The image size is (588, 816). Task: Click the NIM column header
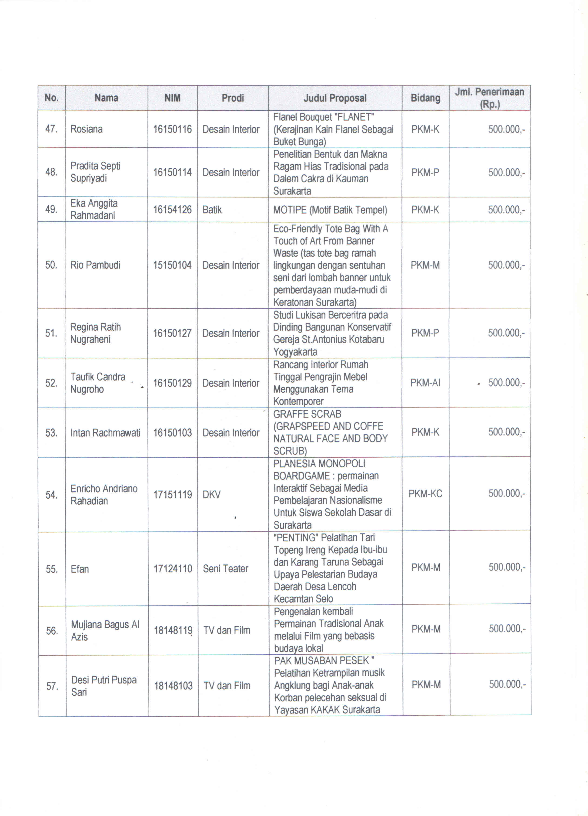[173, 98]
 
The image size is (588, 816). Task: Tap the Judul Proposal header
[335, 98]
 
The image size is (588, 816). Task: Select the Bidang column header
[426, 98]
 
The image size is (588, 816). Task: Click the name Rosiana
[87, 129]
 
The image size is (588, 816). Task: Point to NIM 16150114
[173, 172]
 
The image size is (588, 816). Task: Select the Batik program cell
[212, 210]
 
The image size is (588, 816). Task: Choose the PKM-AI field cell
[425, 383]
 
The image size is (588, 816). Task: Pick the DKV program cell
[211, 495]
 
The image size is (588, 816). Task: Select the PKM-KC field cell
[426, 494]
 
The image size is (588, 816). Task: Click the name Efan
[80, 569]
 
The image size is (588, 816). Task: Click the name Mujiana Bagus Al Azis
[105, 630]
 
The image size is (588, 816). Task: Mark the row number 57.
[52, 686]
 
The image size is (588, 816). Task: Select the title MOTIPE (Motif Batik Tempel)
[330, 210]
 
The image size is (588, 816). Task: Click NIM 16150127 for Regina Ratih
[173, 333]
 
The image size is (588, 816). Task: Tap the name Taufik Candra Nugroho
[98, 383]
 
